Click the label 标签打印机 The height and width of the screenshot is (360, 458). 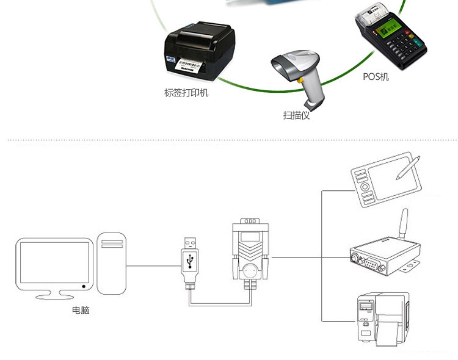[x=186, y=93]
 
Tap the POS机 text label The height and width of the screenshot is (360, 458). [x=376, y=77]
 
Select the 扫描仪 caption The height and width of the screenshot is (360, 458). [x=296, y=115]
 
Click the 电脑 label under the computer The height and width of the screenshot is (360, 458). [x=81, y=311]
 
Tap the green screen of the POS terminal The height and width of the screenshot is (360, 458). [x=389, y=28]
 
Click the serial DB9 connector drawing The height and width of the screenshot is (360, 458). [x=249, y=250]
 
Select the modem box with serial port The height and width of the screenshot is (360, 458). [x=381, y=259]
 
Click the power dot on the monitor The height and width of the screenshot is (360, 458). [x=83, y=286]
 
